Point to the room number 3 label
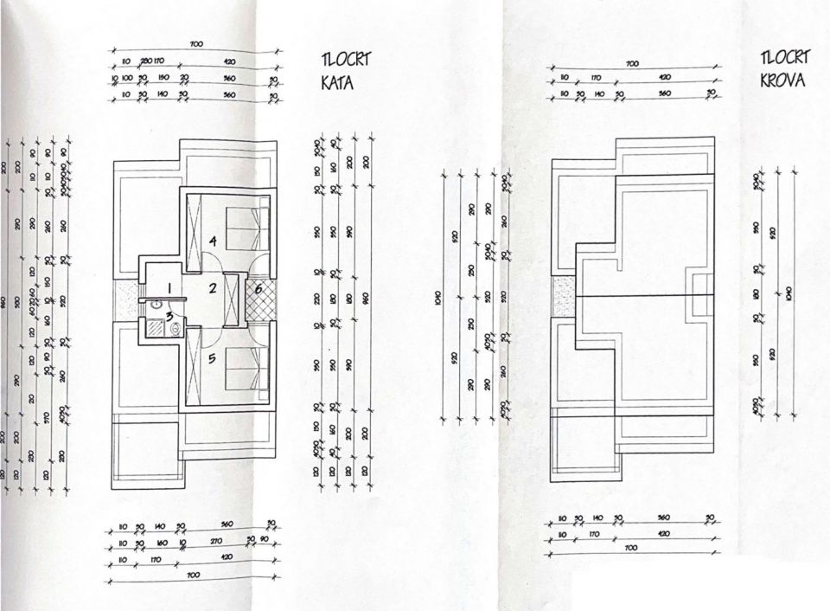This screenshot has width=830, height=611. point(170,315)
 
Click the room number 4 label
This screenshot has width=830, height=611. point(211,240)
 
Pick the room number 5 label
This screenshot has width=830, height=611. point(212,357)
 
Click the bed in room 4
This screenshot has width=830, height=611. point(244,227)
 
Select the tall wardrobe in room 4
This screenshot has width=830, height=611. point(194,222)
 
